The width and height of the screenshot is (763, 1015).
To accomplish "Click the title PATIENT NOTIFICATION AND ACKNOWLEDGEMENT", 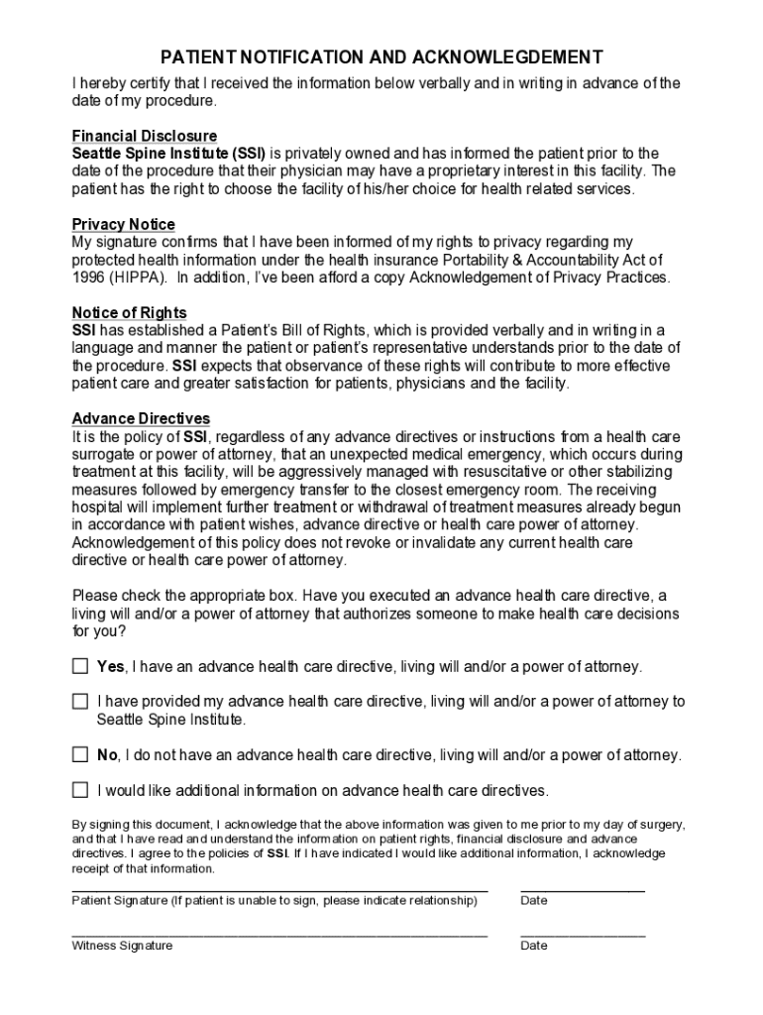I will pyautogui.click(x=381, y=56).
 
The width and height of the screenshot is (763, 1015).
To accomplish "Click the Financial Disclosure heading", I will pyautogui.click(x=145, y=136).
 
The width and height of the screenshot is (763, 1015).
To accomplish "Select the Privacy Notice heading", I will pyautogui.click(x=123, y=225).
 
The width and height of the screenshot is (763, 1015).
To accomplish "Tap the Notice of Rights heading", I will pyautogui.click(x=129, y=313).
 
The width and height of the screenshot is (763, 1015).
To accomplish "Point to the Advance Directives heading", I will pyautogui.click(x=141, y=419).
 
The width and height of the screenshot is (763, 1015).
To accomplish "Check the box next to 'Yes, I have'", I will pyautogui.click(x=80, y=666).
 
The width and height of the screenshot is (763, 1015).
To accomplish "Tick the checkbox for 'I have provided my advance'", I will pyautogui.click(x=80, y=702).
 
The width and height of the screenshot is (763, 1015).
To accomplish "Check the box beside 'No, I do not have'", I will pyautogui.click(x=80, y=754).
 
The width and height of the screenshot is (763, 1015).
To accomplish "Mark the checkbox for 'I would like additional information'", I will pyautogui.click(x=80, y=790).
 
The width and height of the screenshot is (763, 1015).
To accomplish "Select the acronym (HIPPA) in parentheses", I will pyautogui.click(x=139, y=278).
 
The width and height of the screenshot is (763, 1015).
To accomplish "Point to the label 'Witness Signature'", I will pyautogui.click(x=122, y=946).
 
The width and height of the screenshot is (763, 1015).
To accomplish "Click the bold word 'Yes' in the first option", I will pyautogui.click(x=110, y=667).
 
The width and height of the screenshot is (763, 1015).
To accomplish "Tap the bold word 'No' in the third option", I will pyautogui.click(x=107, y=755).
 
